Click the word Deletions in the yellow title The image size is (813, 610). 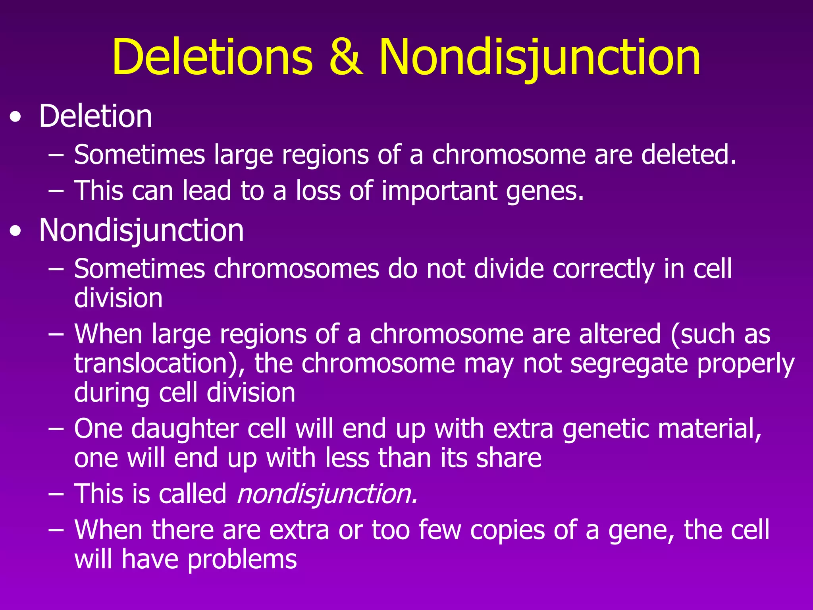[x=212, y=58]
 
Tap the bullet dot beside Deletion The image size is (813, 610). [x=15, y=118]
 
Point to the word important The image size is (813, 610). [x=439, y=191]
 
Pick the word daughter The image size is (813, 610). [x=185, y=429]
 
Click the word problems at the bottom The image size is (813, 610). [x=242, y=560]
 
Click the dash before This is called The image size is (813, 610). [x=56, y=494]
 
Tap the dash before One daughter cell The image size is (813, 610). [x=56, y=429]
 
